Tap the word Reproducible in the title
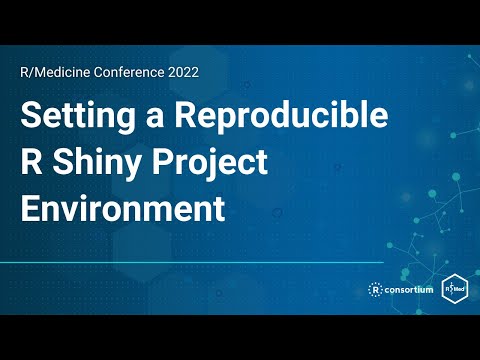(281, 116)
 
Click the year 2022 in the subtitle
(181, 72)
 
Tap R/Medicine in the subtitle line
(55, 72)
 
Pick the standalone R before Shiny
(31, 163)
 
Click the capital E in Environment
(30, 210)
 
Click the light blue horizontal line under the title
(200, 263)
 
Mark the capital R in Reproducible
(187, 116)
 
